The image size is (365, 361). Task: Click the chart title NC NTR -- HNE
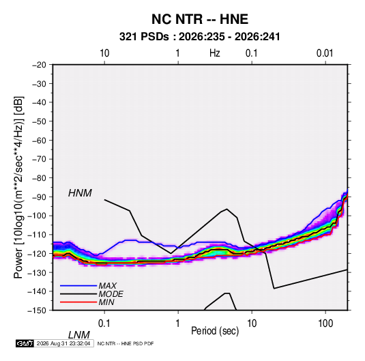(x=200, y=19)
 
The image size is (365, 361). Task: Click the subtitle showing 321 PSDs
(x=199, y=37)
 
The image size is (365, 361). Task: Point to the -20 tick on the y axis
(x=39, y=65)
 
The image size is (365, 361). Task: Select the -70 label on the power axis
(x=39, y=159)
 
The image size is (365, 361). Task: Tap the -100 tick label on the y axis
(x=38, y=216)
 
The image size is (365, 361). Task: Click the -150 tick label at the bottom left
(x=38, y=311)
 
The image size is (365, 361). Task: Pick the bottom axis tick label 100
(x=325, y=323)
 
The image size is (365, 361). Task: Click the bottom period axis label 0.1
(x=104, y=323)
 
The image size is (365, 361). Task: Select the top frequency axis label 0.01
(x=325, y=53)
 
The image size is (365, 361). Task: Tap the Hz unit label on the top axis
(x=215, y=53)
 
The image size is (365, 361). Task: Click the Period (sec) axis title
(x=215, y=331)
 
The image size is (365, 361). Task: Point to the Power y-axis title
(x=18, y=187)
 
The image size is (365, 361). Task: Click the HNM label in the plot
(x=80, y=193)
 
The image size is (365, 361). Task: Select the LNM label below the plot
(x=79, y=335)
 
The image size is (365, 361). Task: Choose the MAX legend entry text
(x=107, y=286)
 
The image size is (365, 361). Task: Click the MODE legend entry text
(x=111, y=294)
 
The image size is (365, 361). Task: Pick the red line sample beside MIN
(x=78, y=302)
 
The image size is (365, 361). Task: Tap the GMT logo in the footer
(x=25, y=343)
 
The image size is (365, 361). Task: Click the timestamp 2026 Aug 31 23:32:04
(x=63, y=343)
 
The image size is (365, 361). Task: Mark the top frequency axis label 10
(x=104, y=53)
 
